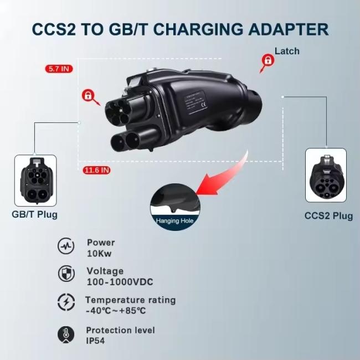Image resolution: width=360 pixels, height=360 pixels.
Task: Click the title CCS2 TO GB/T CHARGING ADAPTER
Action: [x=180, y=29]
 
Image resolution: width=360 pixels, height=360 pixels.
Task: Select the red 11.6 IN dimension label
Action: [x=96, y=170]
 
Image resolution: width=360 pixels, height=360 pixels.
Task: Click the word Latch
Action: [x=287, y=51]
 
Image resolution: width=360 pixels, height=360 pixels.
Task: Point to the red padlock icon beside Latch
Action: [x=268, y=60]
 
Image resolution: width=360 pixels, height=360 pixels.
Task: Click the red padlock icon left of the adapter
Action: [x=88, y=95]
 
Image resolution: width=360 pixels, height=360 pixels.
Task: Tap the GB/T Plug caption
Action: [x=35, y=214]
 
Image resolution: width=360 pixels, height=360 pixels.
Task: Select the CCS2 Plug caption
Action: [x=328, y=216]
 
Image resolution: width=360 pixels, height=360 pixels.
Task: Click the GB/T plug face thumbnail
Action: [x=35, y=179]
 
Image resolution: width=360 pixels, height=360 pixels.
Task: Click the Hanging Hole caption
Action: [x=174, y=220]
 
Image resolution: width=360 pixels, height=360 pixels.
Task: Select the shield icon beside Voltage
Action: [x=66, y=274]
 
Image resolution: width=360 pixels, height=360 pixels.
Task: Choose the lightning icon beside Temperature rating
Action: [x=66, y=303]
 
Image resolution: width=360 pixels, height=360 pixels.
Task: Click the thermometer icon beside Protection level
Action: [x=66, y=333]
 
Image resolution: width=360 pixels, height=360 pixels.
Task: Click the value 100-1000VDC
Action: [x=120, y=282]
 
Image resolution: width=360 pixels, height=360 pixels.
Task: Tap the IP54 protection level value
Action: [x=95, y=341]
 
